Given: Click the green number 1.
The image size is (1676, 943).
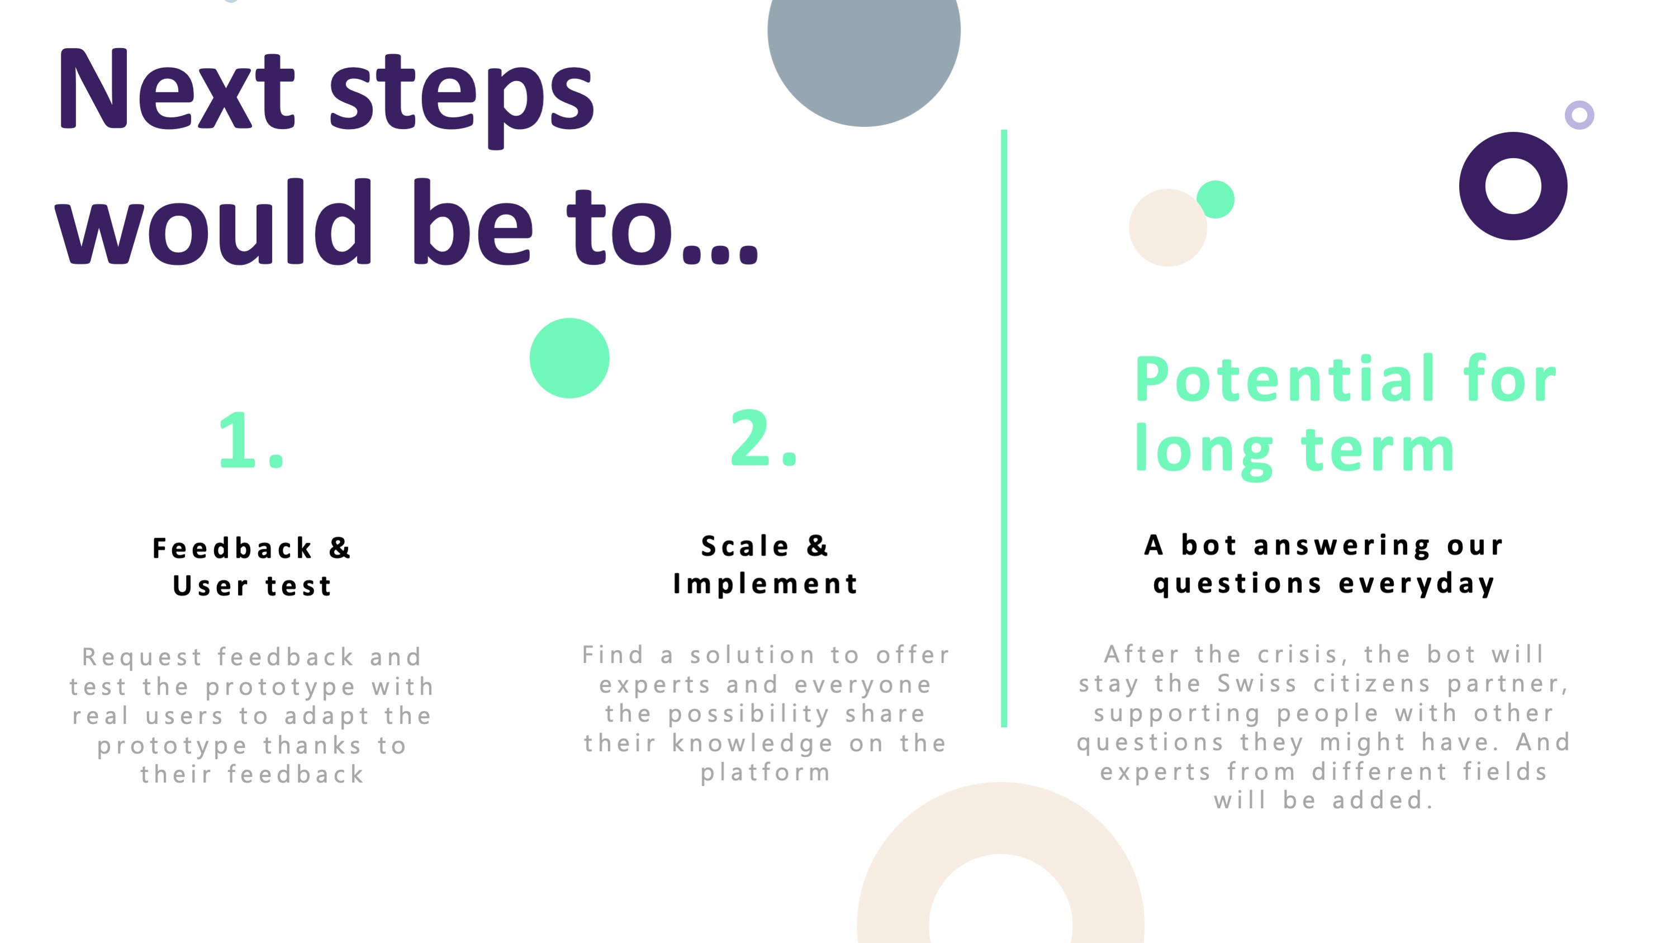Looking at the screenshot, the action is click(251, 440).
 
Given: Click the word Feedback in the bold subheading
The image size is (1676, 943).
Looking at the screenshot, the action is click(232, 548).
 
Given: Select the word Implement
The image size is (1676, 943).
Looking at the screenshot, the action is click(765, 584).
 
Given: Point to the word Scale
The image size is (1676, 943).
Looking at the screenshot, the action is click(745, 546).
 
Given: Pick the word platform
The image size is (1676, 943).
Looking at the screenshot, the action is click(765, 773).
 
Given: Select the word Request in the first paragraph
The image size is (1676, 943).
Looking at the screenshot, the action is click(143, 657).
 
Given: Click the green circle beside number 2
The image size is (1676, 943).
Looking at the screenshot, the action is click(569, 358).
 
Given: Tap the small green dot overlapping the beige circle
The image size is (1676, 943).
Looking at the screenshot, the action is click(1216, 199).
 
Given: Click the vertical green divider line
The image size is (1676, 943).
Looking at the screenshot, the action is click(1004, 428).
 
